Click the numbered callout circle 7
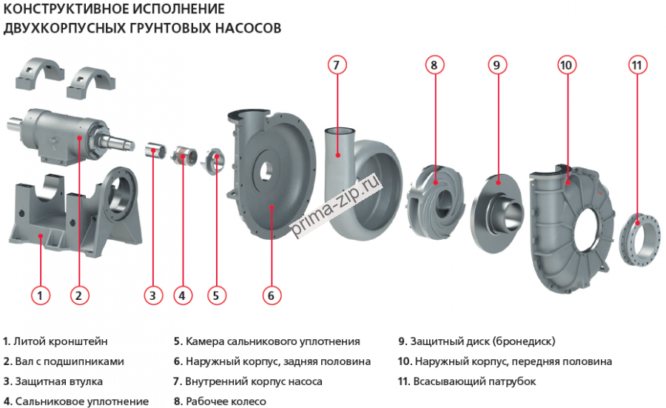click(x=336, y=64)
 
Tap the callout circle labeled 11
click(x=638, y=64)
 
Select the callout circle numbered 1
click(x=41, y=295)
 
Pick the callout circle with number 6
click(x=271, y=295)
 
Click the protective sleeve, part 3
click(x=153, y=150)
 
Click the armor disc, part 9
click(x=497, y=195)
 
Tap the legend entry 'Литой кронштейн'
click(x=61, y=341)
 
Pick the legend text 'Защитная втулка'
click(x=58, y=381)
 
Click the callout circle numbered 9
click(x=497, y=64)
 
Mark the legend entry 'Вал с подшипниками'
click(x=69, y=361)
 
